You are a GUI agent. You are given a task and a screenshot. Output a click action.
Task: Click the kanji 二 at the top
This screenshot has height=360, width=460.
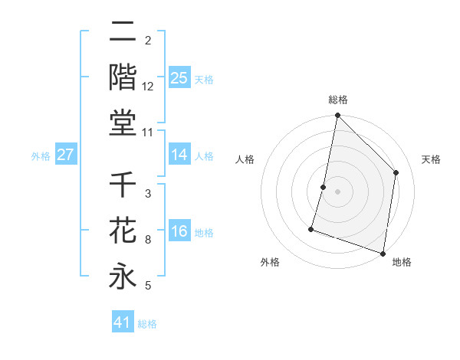tap(123, 33)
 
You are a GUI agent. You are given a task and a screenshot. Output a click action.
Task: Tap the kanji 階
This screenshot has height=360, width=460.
tap(123, 77)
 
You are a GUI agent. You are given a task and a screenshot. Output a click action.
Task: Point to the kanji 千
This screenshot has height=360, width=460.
tap(123, 186)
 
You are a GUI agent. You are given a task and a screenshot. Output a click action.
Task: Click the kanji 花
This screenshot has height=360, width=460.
tap(123, 231)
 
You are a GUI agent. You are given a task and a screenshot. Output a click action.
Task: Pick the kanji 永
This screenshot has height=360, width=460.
tap(123, 276)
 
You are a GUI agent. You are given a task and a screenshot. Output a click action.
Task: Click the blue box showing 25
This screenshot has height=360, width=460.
tap(179, 77)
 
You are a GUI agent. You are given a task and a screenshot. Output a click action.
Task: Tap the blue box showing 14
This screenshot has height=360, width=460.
tap(179, 155)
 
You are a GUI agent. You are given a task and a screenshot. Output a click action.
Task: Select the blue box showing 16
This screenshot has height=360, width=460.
tap(179, 231)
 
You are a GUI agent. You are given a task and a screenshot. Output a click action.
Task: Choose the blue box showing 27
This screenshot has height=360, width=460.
tap(65, 155)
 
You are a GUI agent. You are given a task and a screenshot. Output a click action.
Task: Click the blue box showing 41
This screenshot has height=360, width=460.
tap(123, 322)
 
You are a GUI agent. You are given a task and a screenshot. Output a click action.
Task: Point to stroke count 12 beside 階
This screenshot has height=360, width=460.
tap(147, 86)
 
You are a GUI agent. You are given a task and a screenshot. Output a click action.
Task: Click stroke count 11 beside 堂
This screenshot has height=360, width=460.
tap(148, 133)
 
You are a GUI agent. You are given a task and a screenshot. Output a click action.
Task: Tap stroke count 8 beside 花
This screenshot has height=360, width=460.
tap(147, 240)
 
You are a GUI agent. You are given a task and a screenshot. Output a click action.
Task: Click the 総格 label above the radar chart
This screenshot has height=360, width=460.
tap(338, 100)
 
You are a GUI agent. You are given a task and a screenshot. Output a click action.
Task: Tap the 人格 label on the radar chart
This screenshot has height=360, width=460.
tap(245, 159)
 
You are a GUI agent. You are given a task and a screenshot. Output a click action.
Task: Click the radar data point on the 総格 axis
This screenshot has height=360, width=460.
tap(337, 116)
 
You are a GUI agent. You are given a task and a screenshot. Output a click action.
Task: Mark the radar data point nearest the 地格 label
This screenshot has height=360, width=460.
tap(383, 253)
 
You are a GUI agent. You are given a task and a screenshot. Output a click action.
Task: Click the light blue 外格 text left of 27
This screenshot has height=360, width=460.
tap(41, 155)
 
